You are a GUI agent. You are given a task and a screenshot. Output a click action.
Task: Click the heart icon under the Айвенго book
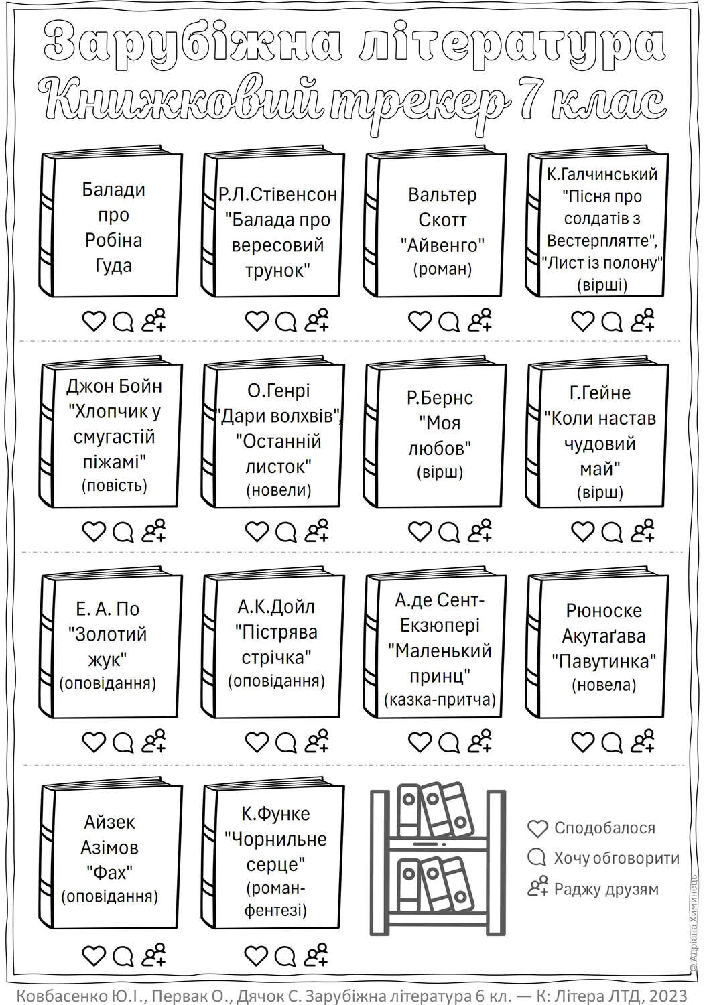(x=420, y=321)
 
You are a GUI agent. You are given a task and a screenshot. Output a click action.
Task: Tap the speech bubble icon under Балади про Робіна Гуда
(x=123, y=322)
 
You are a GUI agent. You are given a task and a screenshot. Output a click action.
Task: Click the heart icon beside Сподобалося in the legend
(x=537, y=829)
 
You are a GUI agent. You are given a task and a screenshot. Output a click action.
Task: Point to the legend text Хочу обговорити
(x=617, y=858)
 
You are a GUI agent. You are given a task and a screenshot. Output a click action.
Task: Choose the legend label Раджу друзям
(x=606, y=889)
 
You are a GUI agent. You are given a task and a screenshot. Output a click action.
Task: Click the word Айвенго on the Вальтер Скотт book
(x=442, y=245)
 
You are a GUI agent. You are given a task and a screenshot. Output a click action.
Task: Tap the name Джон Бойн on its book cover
(x=114, y=387)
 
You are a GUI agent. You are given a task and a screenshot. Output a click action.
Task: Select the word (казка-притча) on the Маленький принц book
(x=440, y=700)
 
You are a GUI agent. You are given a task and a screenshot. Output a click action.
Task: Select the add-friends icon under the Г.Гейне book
(x=643, y=531)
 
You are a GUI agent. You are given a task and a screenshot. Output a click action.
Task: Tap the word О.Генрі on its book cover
(x=278, y=391)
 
